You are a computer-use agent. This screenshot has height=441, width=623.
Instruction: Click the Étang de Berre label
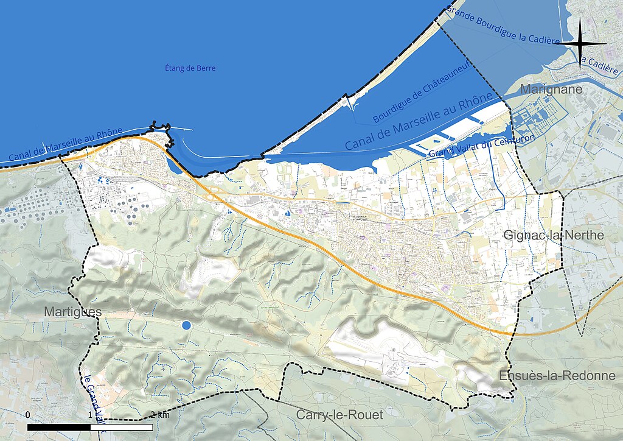point(190,68)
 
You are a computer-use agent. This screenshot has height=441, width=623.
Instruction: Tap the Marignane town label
point(551,90)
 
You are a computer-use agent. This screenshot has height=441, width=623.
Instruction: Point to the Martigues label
point(72,312)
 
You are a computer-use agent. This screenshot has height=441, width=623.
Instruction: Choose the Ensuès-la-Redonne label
point(557,375)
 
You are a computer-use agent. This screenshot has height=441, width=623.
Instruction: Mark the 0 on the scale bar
point(28,415)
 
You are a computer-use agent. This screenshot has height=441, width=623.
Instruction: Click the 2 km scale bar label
point(159,415)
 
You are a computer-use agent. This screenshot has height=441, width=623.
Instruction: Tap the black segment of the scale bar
point(59,427)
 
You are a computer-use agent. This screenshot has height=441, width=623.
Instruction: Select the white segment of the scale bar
point(122,427)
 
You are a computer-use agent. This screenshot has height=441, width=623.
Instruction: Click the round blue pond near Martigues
point(186,325)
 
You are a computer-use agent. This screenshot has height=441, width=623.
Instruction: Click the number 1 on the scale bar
point(91,415)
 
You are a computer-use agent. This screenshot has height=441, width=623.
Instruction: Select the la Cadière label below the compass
point(599,64)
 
